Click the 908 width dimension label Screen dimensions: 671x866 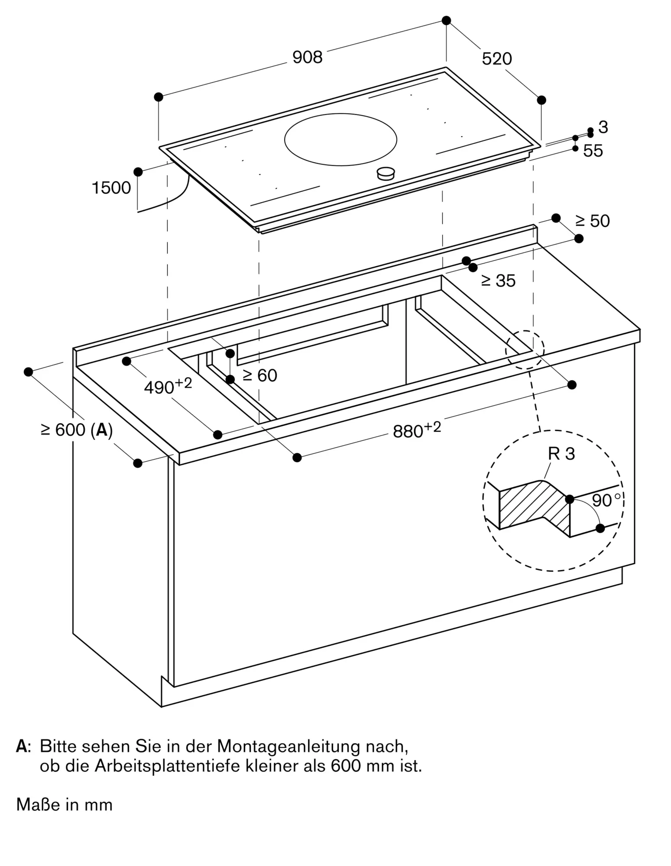point(308,57)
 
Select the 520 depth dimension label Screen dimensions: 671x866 point(497,59)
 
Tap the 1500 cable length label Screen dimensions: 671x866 point(111,188)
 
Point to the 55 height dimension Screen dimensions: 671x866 point(593,151)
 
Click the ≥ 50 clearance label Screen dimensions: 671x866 point(592,221)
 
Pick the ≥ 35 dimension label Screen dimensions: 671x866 point(498,281)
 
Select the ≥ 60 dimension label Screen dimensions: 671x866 point(260,375)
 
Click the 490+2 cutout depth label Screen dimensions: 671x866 point(168,386)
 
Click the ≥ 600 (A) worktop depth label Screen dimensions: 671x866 point(77,430)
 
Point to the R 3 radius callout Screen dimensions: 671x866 point(561,454)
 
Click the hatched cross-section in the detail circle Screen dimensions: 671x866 point(535,504)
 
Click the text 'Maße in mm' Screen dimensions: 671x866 point(65,805)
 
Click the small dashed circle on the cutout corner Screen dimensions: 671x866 point(525,349)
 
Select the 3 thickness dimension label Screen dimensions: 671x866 point(603,127)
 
